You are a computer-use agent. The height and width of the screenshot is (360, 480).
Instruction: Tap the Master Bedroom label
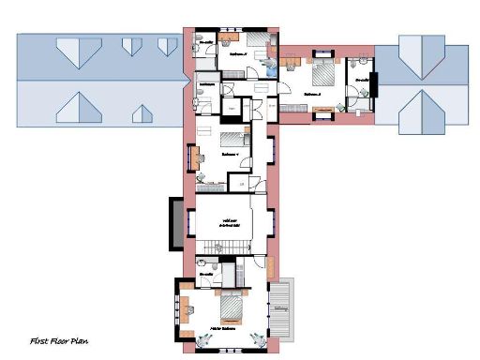point(222,330)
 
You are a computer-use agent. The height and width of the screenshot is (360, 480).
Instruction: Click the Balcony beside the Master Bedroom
point(282,309)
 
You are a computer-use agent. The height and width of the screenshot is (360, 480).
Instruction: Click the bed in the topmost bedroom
point(254,40)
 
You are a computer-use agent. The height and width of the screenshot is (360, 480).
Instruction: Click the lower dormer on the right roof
point(419,112)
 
